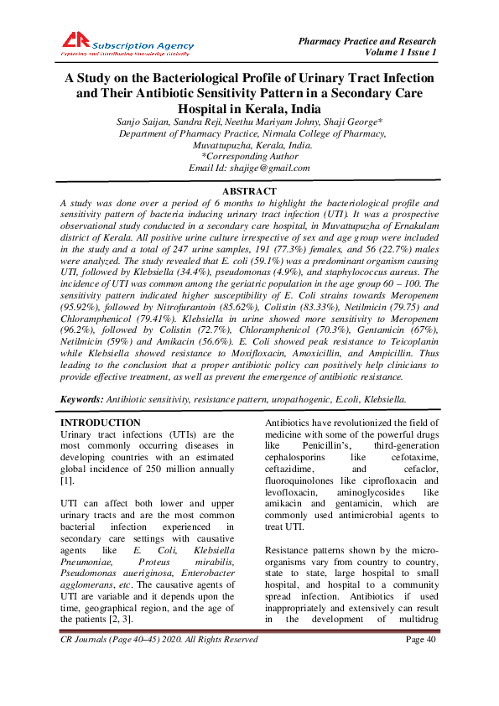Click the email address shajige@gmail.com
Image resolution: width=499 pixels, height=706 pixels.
pos(275,168)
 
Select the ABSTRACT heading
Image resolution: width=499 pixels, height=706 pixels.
pos(249,192)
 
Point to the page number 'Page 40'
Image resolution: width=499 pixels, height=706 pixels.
pos(422,687)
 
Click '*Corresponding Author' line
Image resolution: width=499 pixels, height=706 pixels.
pos(249,156)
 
